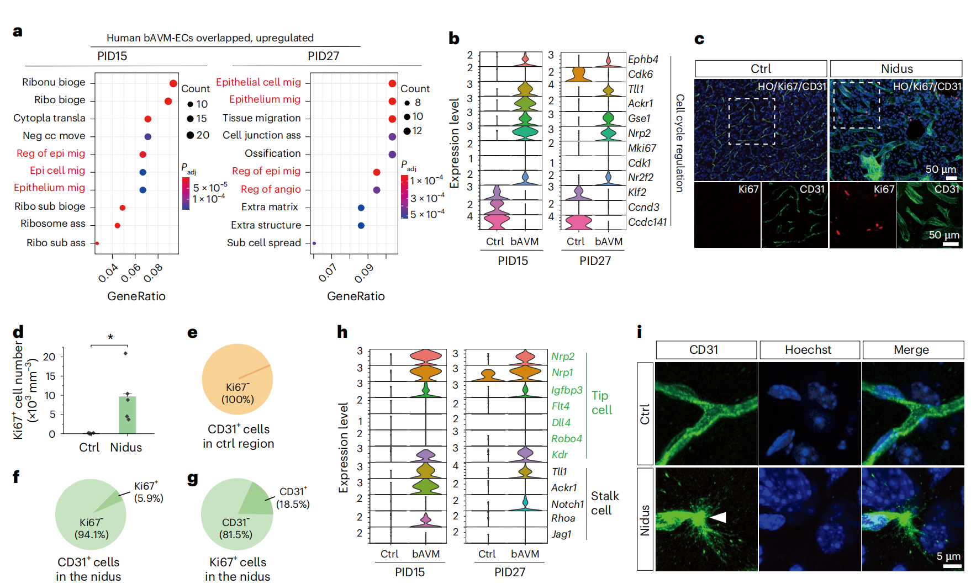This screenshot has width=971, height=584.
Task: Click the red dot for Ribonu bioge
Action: coord(173,83)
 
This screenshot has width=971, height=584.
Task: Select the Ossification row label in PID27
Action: coord(272,153)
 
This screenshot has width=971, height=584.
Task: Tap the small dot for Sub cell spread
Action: coord(314,243)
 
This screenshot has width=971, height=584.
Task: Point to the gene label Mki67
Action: coord(642,148)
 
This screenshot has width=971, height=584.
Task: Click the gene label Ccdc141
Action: coord(647,222)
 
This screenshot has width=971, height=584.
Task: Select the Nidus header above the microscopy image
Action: coord(896,69)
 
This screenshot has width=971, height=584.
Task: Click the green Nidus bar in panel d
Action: coord(128,415)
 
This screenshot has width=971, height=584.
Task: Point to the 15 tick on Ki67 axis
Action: coord(50,376)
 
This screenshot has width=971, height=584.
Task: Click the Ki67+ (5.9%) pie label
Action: coord(148,492)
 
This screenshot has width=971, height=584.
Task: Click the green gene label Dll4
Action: coord(561,422)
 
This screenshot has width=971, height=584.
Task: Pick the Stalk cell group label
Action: coord(604,503)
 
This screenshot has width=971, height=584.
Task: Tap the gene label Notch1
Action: coord(567,504)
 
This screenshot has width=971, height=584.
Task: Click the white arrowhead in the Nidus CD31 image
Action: coord(718,517)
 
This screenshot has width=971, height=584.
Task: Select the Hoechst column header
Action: coord(808,350)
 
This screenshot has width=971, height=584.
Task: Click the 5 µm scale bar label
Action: coord(948,556)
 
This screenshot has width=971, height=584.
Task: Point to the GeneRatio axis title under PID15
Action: coord(136,296)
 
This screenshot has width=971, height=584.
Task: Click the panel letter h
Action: coord(342,332)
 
